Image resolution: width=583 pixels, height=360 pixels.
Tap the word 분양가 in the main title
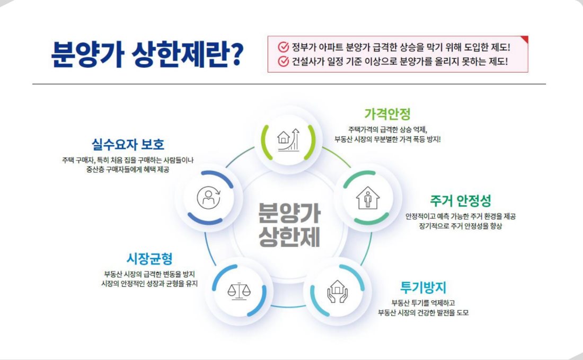tap(88, 55)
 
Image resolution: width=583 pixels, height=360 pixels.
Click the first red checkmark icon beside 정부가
tap(284, 47)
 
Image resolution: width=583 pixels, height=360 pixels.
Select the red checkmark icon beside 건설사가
tap(284, 62)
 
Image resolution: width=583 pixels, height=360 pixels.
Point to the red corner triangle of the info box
tap(525, 39)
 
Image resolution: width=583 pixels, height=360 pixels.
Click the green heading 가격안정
tap(387, 114)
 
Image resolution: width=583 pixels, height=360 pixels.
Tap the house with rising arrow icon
tap(288, 140)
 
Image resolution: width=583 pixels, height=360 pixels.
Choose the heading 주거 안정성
tap(460, 201)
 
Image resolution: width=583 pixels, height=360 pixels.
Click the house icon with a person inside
tap(368, 198)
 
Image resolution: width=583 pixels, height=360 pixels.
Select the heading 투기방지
tap(423, 287)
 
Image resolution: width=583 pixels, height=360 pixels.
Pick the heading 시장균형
tap(149, 259)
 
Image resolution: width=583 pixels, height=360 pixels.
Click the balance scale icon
tap(239, 291)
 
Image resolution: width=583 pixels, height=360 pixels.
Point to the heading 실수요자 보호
tap(128, 144)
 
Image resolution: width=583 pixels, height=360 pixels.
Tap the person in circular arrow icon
tap(209, 197)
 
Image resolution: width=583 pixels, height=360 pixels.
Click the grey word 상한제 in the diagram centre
tap(289, 237)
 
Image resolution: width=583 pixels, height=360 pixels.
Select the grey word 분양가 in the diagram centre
tap(289, 213)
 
